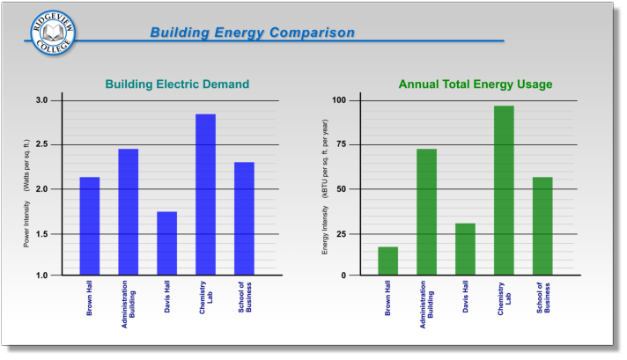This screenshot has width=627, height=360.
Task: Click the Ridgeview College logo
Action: (x=52, y=33)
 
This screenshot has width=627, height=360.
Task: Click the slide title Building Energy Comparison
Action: (x=252, y=33)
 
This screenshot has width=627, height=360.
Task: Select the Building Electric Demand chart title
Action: (x=177, y=84)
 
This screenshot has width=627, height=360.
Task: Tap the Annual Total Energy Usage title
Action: (x=476, y=84)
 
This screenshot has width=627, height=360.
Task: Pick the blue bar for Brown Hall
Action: (x=90, y=226)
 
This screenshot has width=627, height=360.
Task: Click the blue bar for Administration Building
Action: (x=129, y=212)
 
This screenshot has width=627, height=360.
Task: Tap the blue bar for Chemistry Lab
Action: (x=205, y=195)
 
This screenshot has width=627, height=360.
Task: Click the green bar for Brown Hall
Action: (x=388, y=261)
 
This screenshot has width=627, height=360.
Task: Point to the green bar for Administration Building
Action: (x=426, y=212)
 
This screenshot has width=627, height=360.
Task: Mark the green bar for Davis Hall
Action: (x=465, y=249)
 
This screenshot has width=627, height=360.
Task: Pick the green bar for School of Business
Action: (x=542, y=226)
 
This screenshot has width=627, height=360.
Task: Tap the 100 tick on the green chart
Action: (x=339, y=100)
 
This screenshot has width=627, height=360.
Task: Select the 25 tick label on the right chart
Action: (x=342, y=233)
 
